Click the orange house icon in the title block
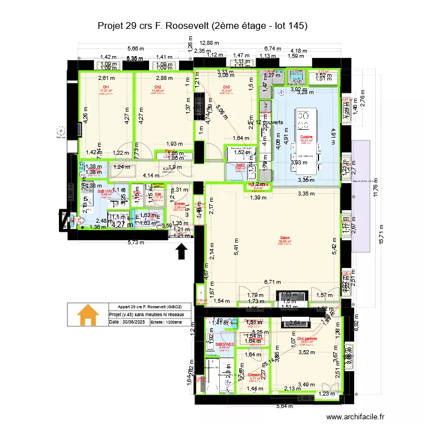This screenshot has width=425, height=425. [x=87, y=316]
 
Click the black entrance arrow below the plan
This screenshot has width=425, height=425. [x=182, y=250]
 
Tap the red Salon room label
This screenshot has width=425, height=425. [x=285, y=238]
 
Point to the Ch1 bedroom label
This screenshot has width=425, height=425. [x=105, y=87]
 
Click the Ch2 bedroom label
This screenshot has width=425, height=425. [x=158, y=87]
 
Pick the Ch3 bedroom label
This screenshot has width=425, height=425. [x=226, y=87]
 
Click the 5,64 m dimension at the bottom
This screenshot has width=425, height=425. [x=285, y=406]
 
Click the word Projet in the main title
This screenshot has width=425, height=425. [x=112, y=25]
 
